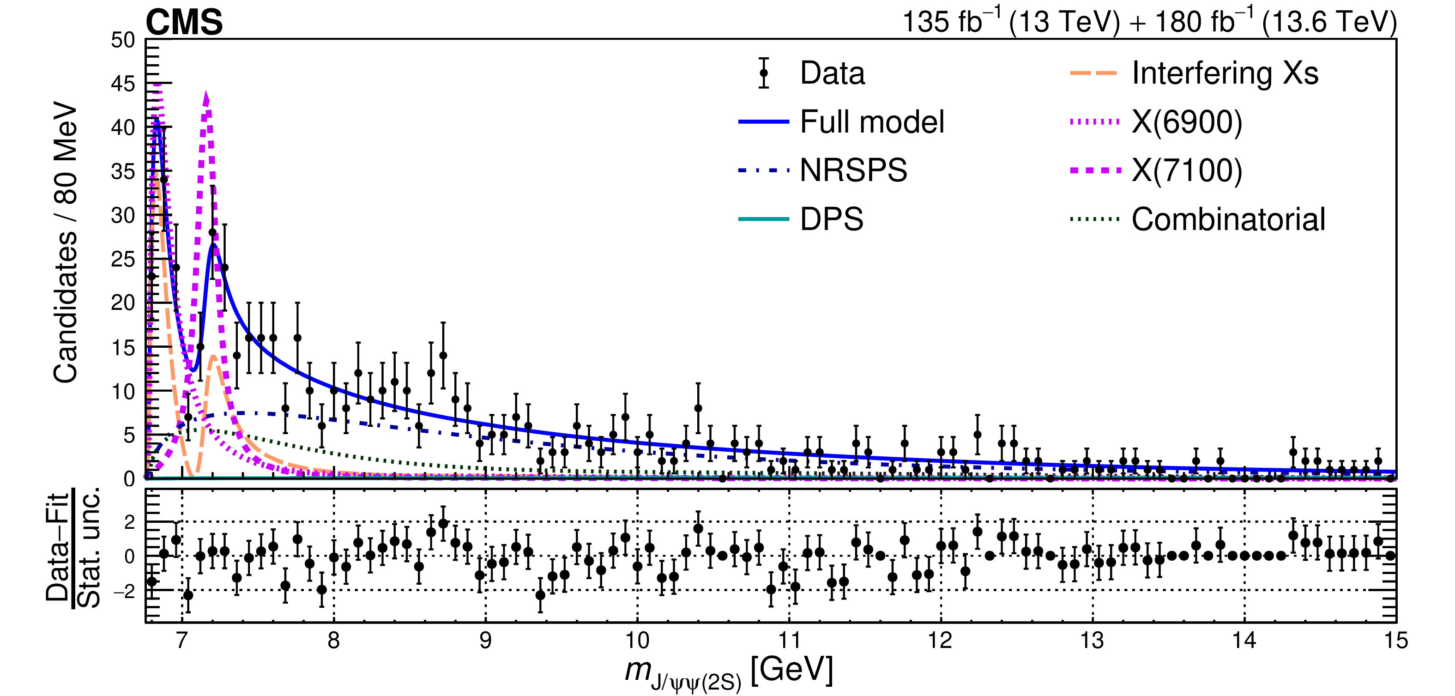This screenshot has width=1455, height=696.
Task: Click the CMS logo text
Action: (x=184, y=23)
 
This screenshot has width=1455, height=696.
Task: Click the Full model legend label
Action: (x=871, y=122)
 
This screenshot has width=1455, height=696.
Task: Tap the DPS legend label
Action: (x=832, y=219)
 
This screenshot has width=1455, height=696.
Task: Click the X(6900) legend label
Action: (x=1187, y=122)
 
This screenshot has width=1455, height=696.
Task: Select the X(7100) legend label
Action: (x=1187, y=170)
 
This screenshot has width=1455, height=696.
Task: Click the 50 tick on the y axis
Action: (x=123, y=40)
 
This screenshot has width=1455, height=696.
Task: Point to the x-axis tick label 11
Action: (x=789, y=641)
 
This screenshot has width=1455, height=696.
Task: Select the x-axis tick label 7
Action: (x=182, y=641)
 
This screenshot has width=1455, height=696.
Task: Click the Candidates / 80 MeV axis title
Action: (x=66, y=243)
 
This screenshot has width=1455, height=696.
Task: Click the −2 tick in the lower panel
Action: (x=124, y=591)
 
